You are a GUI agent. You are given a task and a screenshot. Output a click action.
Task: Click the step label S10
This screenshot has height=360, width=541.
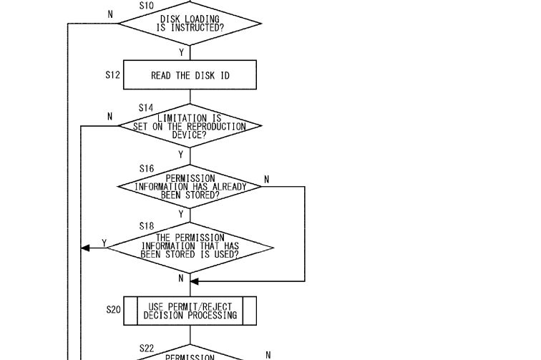coord(147,6)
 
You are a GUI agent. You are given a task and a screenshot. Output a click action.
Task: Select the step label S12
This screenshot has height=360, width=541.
coord(113,75)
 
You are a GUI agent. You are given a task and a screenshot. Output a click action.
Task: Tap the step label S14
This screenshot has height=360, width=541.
coord(146,107)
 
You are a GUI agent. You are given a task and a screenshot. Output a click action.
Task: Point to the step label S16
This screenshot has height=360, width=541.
coord(147,168)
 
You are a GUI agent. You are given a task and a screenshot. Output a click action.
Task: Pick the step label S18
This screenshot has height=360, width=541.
coord(147,226)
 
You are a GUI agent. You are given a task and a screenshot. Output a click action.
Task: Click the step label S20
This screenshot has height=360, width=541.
coord(114,310)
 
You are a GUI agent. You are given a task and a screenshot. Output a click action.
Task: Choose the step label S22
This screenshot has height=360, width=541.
coord(147,349)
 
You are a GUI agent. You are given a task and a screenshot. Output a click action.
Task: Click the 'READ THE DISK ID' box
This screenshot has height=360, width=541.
coord(190,75)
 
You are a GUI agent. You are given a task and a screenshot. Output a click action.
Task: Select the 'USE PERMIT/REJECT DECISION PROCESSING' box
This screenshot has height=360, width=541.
coord(190,311)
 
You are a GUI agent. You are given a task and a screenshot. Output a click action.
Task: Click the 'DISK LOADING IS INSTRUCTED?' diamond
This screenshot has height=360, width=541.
coord(190,24)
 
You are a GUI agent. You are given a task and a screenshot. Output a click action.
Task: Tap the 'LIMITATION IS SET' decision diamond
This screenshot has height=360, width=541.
coord(190,126)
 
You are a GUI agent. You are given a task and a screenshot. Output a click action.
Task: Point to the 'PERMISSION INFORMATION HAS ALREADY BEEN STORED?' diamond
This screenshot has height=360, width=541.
coord(190,187)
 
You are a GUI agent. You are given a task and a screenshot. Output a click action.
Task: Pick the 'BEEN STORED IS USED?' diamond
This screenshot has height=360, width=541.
coord(190,248)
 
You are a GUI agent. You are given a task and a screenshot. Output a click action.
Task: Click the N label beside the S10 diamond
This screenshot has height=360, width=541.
coord(110,14)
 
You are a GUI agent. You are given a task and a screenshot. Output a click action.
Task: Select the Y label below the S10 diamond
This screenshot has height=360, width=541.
coord(182,52)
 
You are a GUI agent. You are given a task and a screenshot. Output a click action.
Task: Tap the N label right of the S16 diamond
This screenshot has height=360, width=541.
coord(266,180)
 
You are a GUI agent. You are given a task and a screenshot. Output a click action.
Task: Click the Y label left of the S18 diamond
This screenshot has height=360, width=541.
coord(104,243)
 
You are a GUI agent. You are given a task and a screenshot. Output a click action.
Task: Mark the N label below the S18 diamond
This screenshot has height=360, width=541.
coord(181,278)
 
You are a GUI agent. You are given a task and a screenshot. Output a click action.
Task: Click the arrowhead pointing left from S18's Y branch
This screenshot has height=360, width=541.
coord(85,248)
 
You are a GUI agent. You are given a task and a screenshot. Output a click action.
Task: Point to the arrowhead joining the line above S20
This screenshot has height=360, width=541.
coord(195,281)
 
